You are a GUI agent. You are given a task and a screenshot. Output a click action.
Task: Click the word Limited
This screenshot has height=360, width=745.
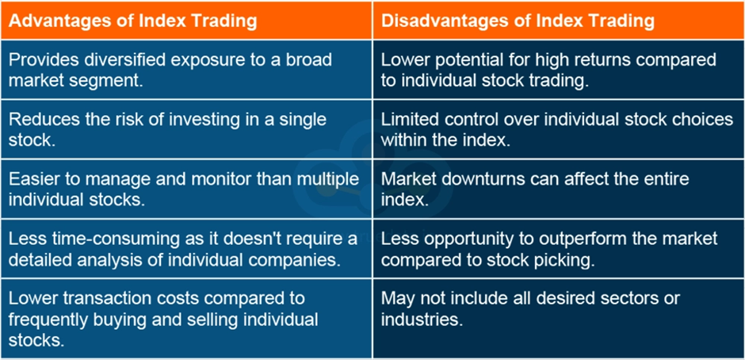(x=410, y=119)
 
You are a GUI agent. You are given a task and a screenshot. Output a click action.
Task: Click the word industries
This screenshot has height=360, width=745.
(x=422, y=320)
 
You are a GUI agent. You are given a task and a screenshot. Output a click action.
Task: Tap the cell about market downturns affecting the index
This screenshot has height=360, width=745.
(x=558, y=189)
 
